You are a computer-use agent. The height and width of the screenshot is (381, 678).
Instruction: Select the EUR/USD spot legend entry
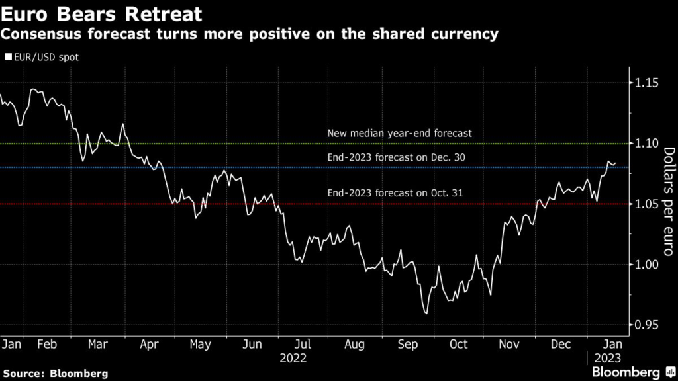(x=42, y=57)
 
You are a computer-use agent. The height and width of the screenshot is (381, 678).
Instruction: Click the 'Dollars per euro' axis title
(x=667, y=202)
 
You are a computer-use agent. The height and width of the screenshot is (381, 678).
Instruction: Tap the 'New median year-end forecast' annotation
(x=399, y=133)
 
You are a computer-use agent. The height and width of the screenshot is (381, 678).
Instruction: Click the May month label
(x=200, y=344)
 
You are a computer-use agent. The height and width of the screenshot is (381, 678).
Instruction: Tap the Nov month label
(x=509, y=344)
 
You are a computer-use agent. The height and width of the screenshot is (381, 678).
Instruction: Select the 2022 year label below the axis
(x=293, y=359)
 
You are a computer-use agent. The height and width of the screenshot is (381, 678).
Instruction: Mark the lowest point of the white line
(x=426, y=314)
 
